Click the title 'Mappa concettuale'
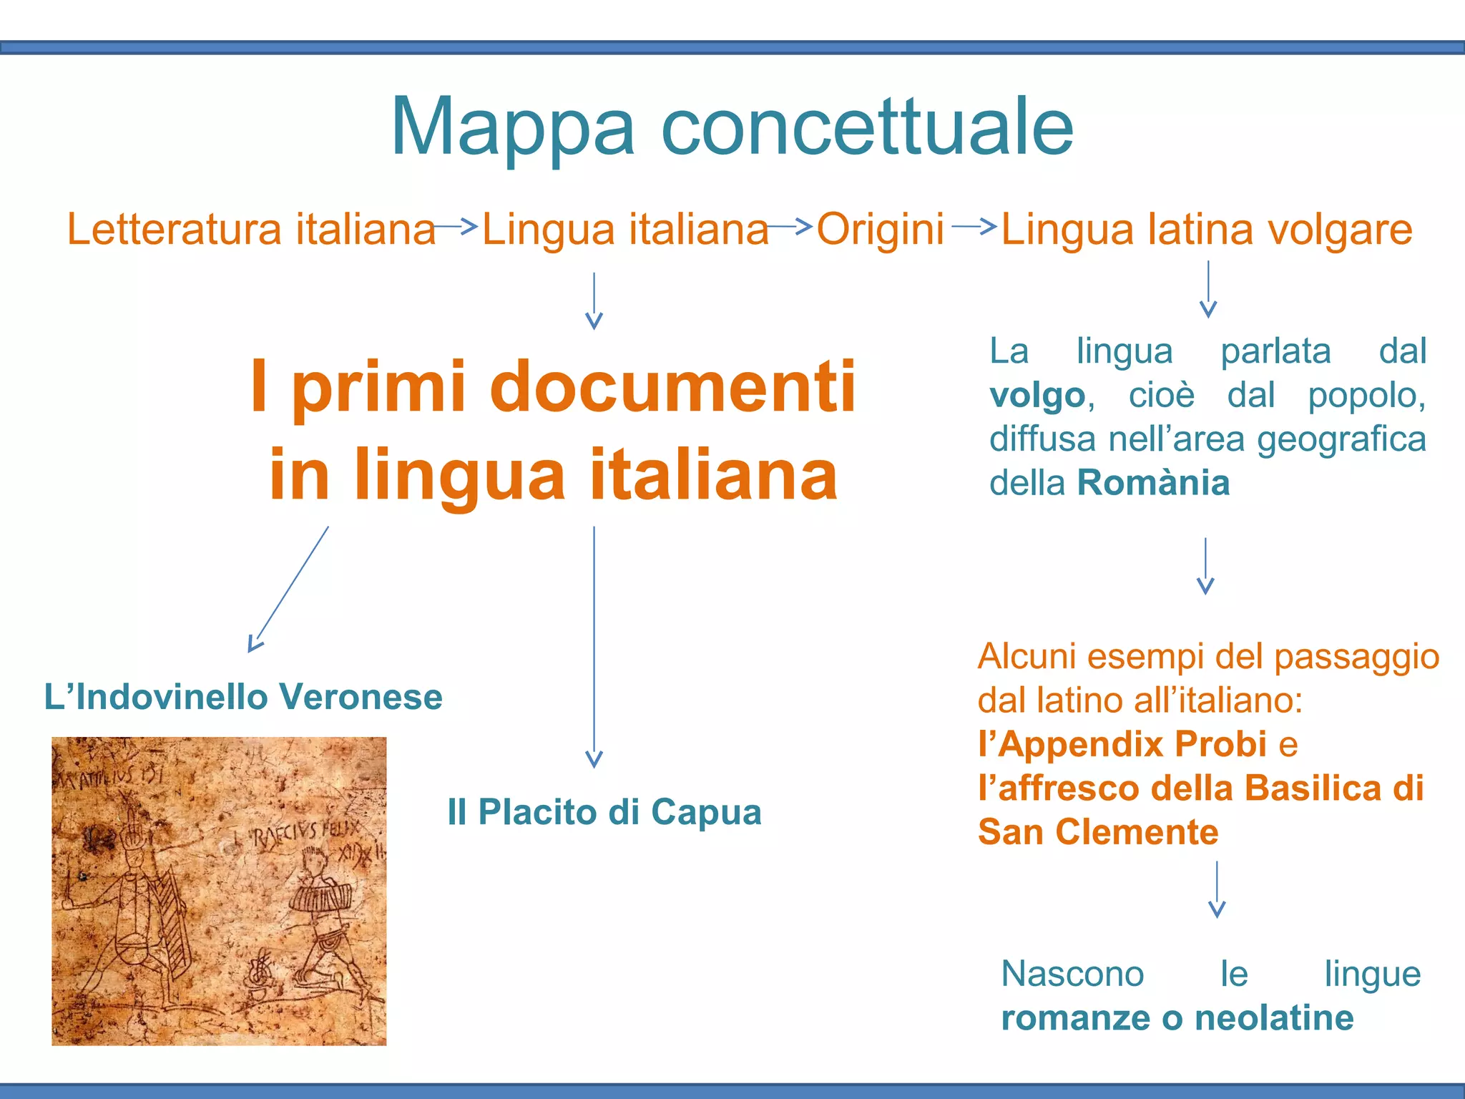(732, 127)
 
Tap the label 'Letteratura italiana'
(251, 230)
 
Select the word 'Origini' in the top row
(880, 230)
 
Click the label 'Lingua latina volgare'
(1206, 230)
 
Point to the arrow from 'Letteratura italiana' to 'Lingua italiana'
(456, 227)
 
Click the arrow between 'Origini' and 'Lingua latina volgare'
(974, 226)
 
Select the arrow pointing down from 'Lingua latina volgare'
(1208, 289)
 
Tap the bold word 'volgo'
(1037, 396)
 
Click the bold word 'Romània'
(1153, 483)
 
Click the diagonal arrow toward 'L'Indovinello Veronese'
(288, 589)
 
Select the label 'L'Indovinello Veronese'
(243, 697)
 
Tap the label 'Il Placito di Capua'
(604, 812)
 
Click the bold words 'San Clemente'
(1098, 832)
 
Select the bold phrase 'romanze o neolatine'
(1177, 1018)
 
